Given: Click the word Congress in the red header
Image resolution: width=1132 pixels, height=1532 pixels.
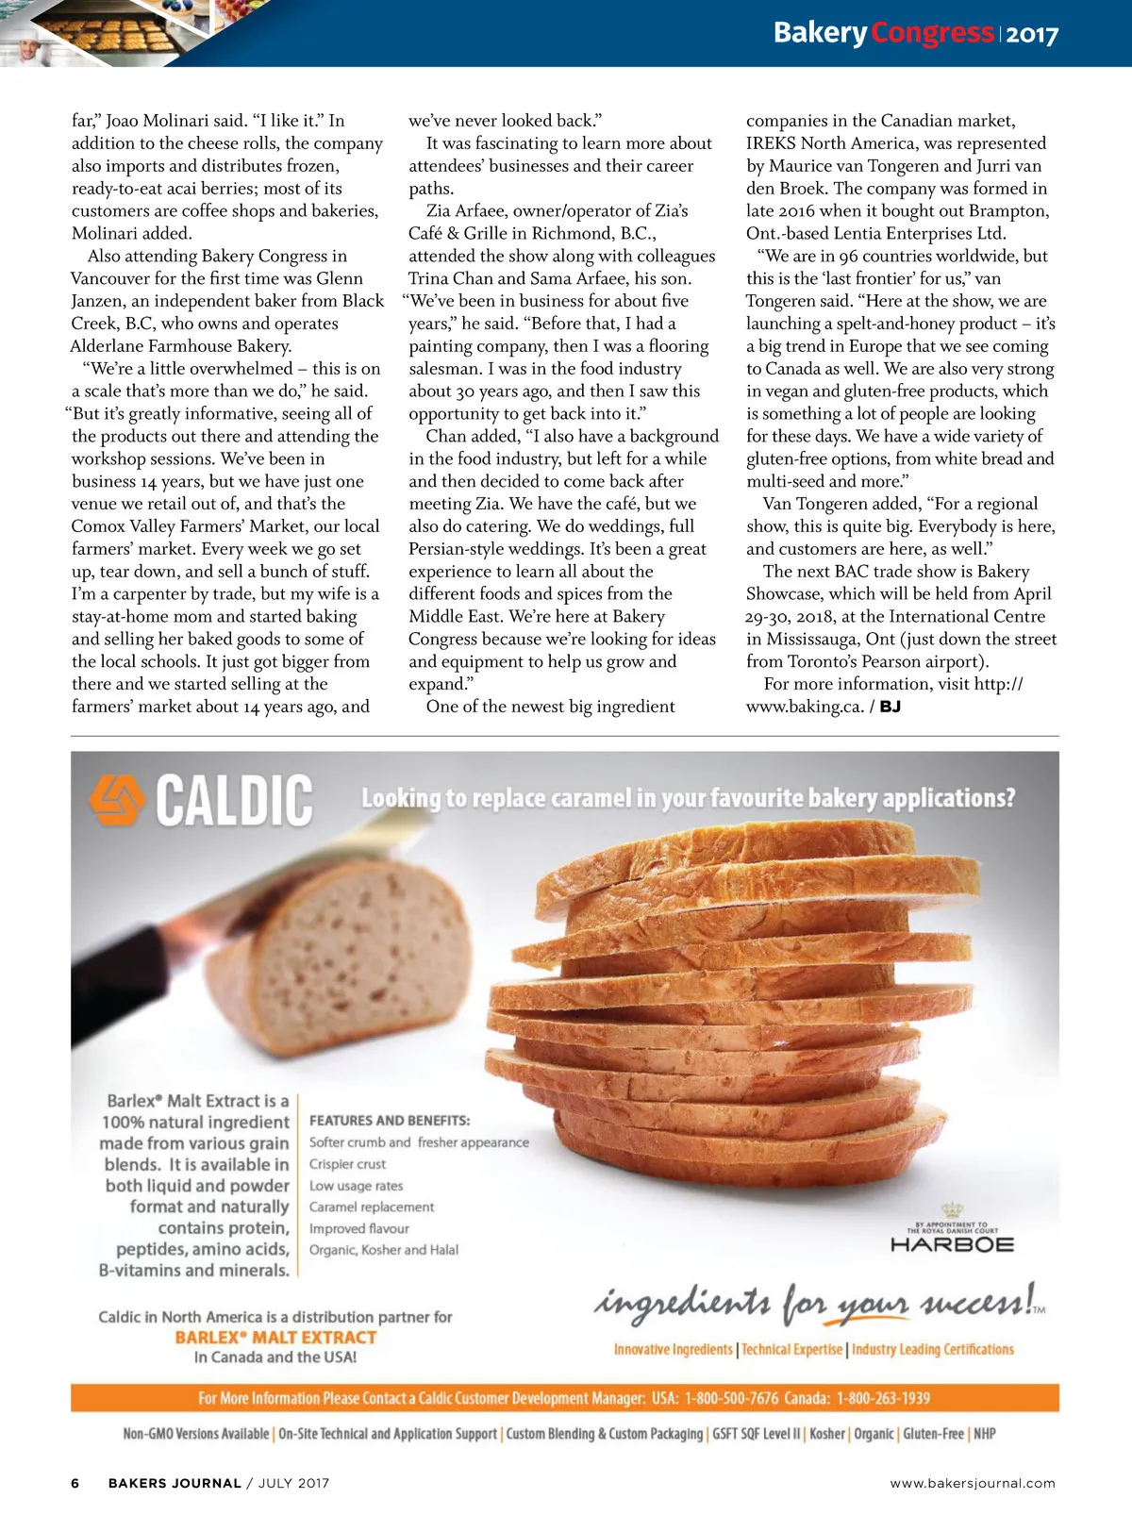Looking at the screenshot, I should pos(932,33).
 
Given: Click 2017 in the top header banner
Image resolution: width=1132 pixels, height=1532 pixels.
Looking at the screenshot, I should pos(1032,35).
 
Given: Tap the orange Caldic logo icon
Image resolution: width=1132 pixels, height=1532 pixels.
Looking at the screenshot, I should pos(116,799).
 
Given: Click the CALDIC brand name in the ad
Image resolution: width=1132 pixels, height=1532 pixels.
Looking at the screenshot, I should pos(234,801).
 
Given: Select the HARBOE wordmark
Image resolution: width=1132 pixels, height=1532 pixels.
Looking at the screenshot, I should pos(952,1245).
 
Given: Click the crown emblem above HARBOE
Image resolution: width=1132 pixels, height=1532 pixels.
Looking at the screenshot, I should pos(952,1210).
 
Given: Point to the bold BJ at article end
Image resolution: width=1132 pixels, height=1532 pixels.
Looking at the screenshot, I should pos(890,707).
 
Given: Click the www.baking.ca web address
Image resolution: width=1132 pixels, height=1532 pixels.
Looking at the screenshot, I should pos(804,707).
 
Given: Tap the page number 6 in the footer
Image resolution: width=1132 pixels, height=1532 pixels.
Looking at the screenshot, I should pos(75,1483).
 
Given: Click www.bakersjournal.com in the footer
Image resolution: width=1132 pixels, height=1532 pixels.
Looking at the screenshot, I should pos(973,1483).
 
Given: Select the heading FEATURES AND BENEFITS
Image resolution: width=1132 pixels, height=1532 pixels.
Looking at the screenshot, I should pos(390,1121).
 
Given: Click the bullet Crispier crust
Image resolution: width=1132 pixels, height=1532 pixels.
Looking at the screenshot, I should pos(347,1164).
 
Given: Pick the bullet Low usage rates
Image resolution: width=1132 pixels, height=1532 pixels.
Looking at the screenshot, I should pos(356,1186).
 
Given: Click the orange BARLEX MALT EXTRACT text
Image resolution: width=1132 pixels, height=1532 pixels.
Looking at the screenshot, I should pos(275,1338).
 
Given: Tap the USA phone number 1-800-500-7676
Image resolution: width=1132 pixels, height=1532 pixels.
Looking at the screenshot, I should pos(732,1398).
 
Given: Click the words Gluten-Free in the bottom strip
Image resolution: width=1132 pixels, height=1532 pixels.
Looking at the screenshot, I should pos(933,1434).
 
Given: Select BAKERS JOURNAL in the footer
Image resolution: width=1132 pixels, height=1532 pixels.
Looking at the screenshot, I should pos(175,1483).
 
